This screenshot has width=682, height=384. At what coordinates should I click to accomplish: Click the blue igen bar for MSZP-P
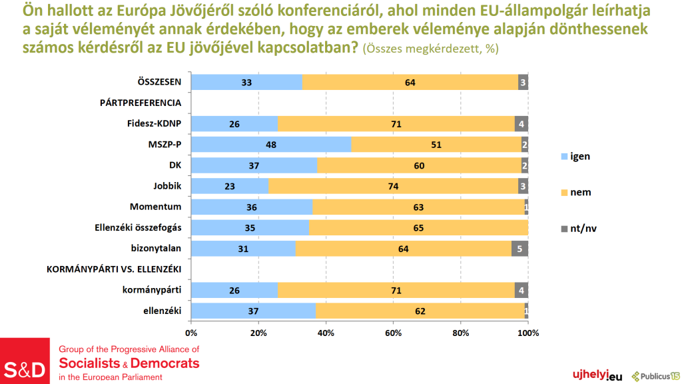click(x=271, y=145)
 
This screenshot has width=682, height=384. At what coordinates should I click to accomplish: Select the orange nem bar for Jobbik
click(x=393, y=186)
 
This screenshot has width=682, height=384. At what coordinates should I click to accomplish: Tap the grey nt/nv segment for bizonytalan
click(x=519, y=249)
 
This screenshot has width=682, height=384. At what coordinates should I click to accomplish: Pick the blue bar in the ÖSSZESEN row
click(x=246, y=83)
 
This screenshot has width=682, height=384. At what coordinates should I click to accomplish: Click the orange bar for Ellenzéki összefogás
click(x=418, y=228)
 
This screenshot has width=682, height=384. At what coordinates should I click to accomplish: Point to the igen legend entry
click(x=575, y=156)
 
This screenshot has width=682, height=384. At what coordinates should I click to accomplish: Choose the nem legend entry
click(x=576, y=193)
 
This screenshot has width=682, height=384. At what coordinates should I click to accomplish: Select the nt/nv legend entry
click(x=578, y=229)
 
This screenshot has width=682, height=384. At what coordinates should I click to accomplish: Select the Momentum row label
click(x=161, y=207)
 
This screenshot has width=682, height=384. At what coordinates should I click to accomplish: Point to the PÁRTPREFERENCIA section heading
click(x=141, y=103)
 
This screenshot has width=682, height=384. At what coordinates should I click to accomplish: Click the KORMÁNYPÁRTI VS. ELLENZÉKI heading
click(x=114, y=269)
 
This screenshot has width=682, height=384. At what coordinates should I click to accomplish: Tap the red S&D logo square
click(x=25, y=361)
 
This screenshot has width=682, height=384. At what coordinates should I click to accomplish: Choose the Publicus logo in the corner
click(x=655, y=375)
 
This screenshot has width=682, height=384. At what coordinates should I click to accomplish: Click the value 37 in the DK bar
click(x=254, y=165)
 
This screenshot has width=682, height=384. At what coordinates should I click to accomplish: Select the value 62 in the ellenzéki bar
click(x=420, y=311)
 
